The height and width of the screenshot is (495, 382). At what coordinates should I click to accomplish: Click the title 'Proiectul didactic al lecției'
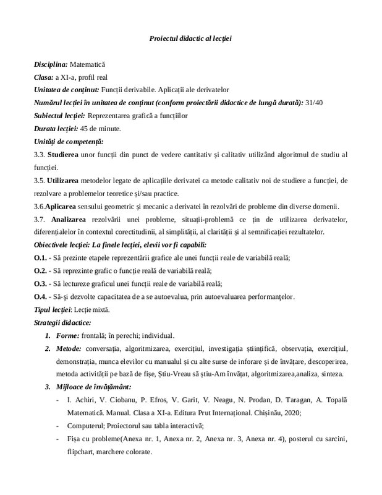point(190,38)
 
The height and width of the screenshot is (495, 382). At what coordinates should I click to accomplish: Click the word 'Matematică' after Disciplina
point(88,64)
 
